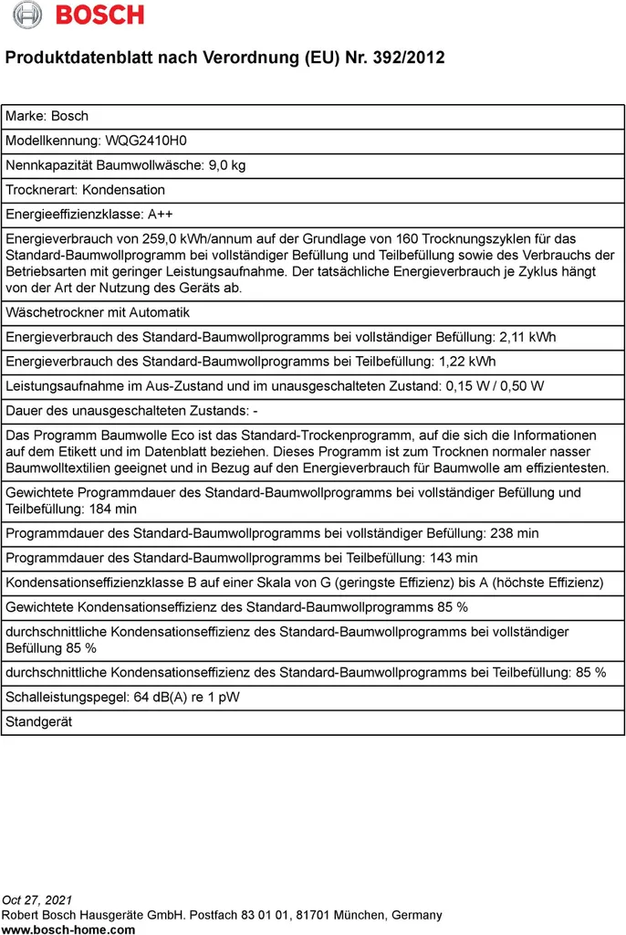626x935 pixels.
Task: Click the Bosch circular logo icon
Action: [x=27, y=15]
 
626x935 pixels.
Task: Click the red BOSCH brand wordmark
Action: [x=100, y=15]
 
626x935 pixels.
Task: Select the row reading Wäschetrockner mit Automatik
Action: [x=98, y=312]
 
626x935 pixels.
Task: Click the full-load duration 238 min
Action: [x=514, y=533]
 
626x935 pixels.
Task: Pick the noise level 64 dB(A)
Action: [x=166, y=698]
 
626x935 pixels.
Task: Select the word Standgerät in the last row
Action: [x=38, y=722]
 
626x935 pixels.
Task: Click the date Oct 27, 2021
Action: [x=38, y=901]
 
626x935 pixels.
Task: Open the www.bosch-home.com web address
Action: [x=68, y=929]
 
